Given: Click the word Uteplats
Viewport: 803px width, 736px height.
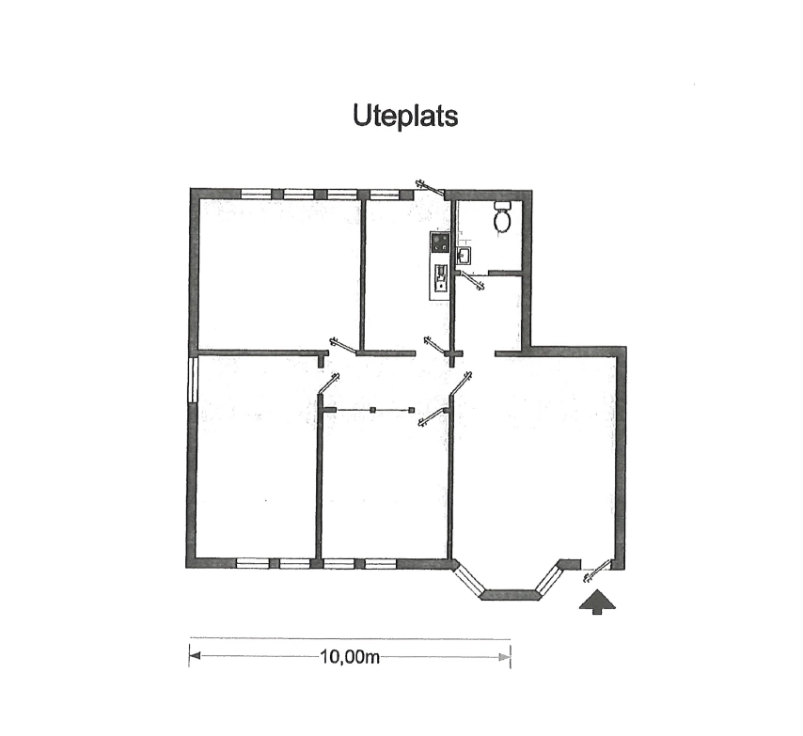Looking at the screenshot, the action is (x=405, y=116).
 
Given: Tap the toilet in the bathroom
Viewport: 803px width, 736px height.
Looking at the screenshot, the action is (x=502, y=216).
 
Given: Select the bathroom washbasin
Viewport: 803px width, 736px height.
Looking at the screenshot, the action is (x=464, y=255).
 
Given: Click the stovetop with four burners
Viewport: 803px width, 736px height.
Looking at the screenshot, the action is (x=439, y=242).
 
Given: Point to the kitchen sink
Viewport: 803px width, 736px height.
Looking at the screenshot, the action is (x=440, y=277).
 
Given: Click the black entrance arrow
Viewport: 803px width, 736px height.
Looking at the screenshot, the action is (x=597, y=602).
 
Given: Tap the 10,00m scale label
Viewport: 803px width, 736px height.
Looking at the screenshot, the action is (x=350, y=657).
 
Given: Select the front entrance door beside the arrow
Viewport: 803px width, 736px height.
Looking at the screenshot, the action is (x=597, y=571).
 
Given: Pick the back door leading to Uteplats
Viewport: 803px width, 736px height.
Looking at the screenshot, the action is (x=431, y=188).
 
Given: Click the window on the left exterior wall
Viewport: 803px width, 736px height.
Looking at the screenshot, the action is (x=193, y=379).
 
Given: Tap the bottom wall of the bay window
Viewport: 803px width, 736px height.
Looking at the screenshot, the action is (x=511, y=595).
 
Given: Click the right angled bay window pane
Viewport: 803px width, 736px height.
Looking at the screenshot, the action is (x=549, y=579).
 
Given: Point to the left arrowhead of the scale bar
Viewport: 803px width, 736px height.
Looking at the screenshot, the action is (x=195, y=656).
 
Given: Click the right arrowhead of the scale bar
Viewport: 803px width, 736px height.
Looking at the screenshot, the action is (x=505, y=657).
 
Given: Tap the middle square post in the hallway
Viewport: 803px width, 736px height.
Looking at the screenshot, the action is (x=372, y=410).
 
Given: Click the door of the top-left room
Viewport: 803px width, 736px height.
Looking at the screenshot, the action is (x=343, y=346).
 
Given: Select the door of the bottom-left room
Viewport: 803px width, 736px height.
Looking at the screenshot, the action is (x=328, y=384).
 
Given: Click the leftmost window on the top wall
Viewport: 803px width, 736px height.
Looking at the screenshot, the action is (x=256, y=195).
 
